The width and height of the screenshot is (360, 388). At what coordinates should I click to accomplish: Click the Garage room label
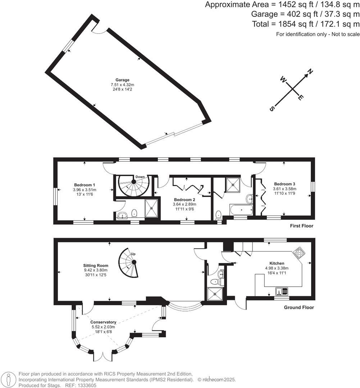pos(122,80)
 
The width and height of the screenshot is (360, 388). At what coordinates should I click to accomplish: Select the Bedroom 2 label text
pos(184,200)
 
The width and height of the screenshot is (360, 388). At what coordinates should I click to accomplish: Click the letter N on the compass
pos(310,72)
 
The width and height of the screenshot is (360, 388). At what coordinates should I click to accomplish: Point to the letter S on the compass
pos(273,108)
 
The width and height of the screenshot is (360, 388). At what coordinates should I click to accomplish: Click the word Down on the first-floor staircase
pos(140,177)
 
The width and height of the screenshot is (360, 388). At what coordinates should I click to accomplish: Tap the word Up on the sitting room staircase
pos(133,254)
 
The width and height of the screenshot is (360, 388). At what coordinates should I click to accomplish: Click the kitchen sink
pos(281,290)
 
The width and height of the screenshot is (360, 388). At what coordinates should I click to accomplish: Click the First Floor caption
pos(301,226)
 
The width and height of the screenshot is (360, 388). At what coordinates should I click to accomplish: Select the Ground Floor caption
pos(299,308)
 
